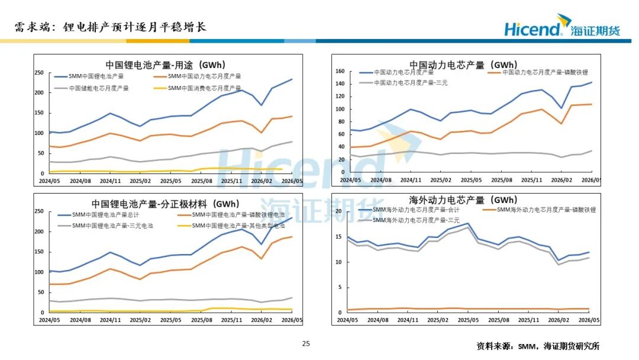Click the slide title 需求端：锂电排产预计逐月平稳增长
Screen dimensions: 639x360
[x=111, y=27]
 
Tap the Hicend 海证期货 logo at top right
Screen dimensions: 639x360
[x=563, y=25]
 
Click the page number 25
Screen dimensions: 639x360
[x=306, y=343]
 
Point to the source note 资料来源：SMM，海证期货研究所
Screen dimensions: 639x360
[x=538, y=346]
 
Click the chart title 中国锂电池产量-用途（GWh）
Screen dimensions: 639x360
[x=166, y=65]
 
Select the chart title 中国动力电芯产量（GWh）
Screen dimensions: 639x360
[x=463, y=65]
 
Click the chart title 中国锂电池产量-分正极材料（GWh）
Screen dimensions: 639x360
[x=166, y=204]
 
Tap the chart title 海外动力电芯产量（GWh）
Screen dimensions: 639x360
[x=463, y=200]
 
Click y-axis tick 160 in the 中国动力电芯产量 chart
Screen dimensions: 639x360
[x=340, y=71]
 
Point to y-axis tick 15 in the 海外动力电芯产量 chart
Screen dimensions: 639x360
[x=338, y=236]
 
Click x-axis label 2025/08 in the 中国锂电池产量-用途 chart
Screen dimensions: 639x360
[x=202, y=181]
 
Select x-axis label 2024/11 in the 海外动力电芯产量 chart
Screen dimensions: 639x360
[x=408, y=320]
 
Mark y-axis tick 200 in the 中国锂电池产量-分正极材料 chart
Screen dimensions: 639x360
[x=39, y=232]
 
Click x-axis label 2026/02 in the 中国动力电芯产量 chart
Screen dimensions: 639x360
[x=561, y=180]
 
